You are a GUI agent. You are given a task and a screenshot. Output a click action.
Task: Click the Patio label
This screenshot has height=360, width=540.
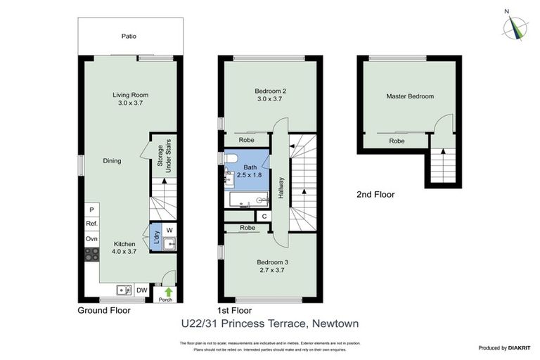(128, 36)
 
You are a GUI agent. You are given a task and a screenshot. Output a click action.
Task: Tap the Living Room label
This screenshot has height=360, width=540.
(131, 98)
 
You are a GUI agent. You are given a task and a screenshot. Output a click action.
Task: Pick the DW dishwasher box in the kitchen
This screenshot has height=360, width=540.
(141, 290)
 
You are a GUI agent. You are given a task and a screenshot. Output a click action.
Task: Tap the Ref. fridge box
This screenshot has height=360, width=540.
(91, 224)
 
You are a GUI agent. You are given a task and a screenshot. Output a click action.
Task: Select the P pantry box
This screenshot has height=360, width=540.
(91, 210)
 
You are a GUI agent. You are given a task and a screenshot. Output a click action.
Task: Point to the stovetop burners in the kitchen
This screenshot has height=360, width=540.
(91, 255)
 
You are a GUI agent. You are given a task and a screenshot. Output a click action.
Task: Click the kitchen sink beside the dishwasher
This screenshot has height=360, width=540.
(123, 290)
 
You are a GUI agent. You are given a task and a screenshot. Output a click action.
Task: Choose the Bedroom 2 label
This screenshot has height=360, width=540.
(270, 94)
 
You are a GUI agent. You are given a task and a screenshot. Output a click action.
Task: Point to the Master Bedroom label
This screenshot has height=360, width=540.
(410, 96)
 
